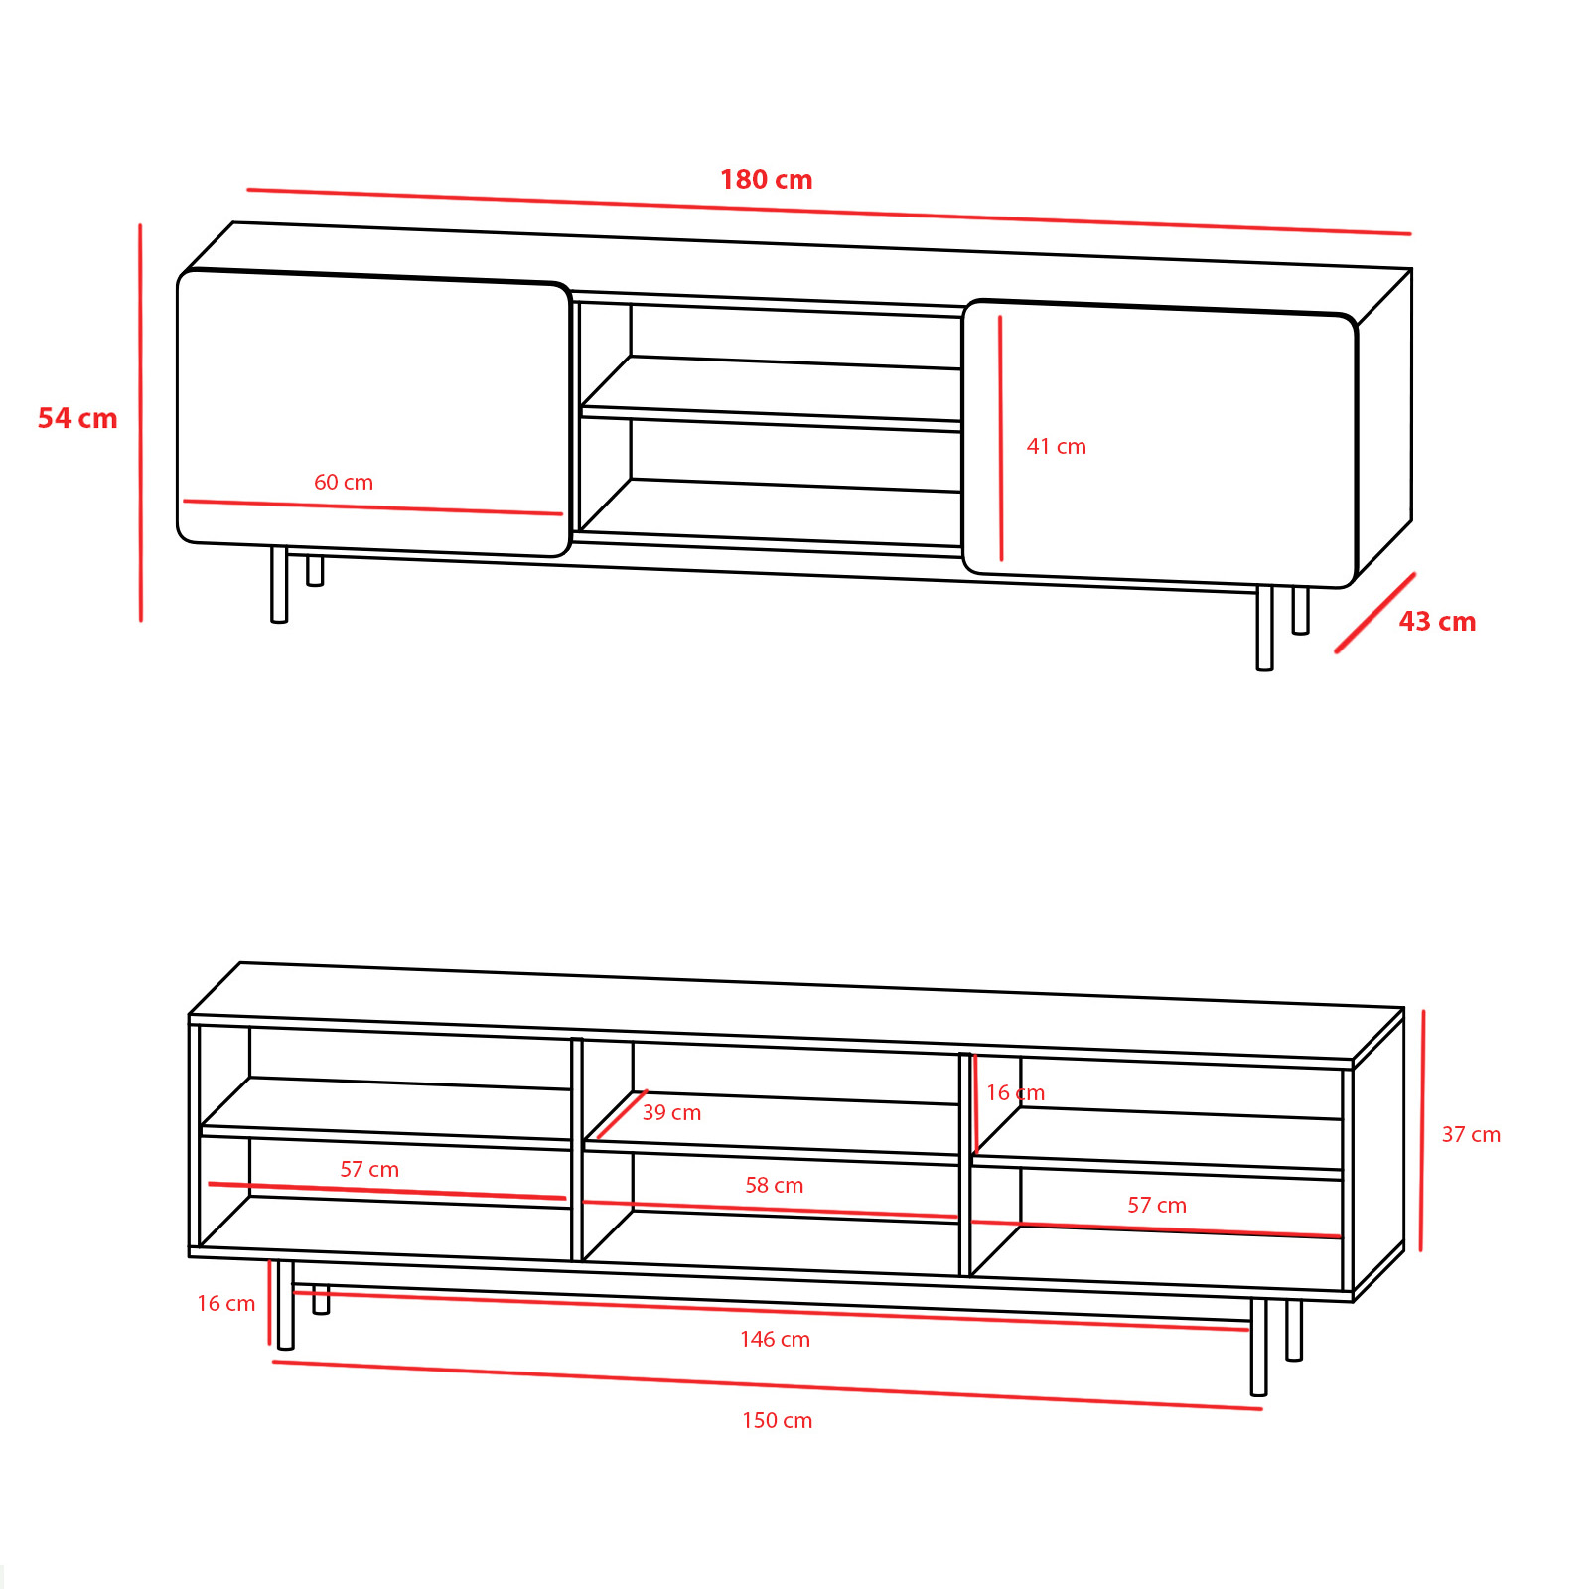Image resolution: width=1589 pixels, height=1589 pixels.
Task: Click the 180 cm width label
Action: coord(766,180)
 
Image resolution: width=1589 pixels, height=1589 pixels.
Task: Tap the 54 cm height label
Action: coord(77,419)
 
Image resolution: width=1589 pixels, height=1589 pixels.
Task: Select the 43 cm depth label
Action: coord(1437,622)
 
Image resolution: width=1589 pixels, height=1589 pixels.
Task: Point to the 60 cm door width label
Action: coord(344,483)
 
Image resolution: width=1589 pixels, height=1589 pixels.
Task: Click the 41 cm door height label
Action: coord(1057,447)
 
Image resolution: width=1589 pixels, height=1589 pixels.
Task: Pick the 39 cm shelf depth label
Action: coord(672,1113)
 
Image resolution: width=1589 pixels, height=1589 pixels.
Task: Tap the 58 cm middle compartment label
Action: coord(775,1186)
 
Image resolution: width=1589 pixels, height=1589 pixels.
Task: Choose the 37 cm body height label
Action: coord(1471,1135)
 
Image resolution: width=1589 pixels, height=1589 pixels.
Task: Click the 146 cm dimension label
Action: coord(775,1340)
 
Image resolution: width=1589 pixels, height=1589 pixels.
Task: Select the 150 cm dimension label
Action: coord(777,1421)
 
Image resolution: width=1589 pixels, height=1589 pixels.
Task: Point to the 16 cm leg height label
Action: coord(225,1304)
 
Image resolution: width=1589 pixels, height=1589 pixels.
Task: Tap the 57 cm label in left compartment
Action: coord(369,1170)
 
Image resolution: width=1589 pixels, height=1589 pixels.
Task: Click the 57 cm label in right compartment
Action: coord(1157,1206)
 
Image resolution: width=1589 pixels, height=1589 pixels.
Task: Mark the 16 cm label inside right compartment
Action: coord(1015,1093)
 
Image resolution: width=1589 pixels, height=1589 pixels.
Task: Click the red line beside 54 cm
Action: coord(140,423)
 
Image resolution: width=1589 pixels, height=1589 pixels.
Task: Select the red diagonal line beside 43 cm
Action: coord(1375,613)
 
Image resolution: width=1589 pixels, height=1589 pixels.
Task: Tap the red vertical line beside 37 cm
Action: coord(1422,1131)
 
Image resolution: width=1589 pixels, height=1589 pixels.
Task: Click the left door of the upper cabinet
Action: coord(373,413)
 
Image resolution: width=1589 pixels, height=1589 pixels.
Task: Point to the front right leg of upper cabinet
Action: coord(1264,628)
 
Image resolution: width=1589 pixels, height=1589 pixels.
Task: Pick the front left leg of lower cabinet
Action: coord(285,1305)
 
